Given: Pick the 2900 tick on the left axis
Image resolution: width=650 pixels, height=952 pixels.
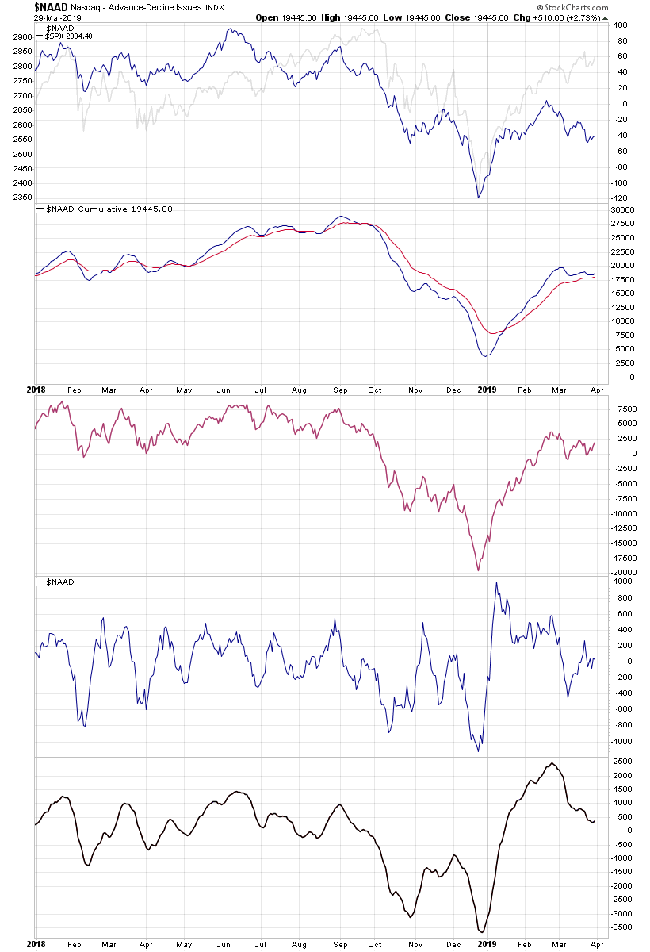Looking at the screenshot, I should tap(21, 37).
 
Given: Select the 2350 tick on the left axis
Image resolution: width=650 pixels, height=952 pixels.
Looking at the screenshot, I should tap(21, 198).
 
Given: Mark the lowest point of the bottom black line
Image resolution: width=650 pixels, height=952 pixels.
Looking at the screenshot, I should tap(480, 932).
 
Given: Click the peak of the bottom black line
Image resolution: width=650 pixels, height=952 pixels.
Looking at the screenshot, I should tap(552, 763).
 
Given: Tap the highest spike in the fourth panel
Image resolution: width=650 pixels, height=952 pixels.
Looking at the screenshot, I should tap(497, 582).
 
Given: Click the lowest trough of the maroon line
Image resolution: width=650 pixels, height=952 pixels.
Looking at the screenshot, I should tap(478, 570).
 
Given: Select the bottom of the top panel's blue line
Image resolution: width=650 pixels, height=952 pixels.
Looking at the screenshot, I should tap(478, 198).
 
